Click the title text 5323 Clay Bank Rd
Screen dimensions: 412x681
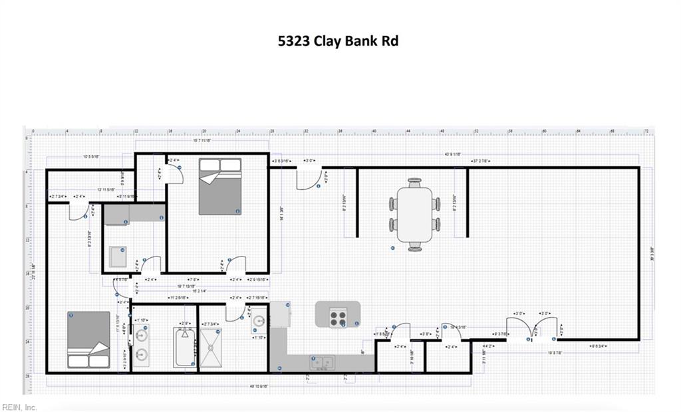(x=338, y=41)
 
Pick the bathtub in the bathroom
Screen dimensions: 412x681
(x=182, y=346)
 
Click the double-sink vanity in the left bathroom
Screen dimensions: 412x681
(x=142, y=346)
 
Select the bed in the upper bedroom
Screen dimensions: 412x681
(x=219, y=186)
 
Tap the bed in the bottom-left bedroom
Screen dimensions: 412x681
(x=88, y=340)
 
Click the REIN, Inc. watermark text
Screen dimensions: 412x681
(x=20, y=407)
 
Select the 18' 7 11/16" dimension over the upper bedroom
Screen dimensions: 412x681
(x=202, y=140)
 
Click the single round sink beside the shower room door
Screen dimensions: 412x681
(x=259, y=324)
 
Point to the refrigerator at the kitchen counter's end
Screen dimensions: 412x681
(x=279, y=314)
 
